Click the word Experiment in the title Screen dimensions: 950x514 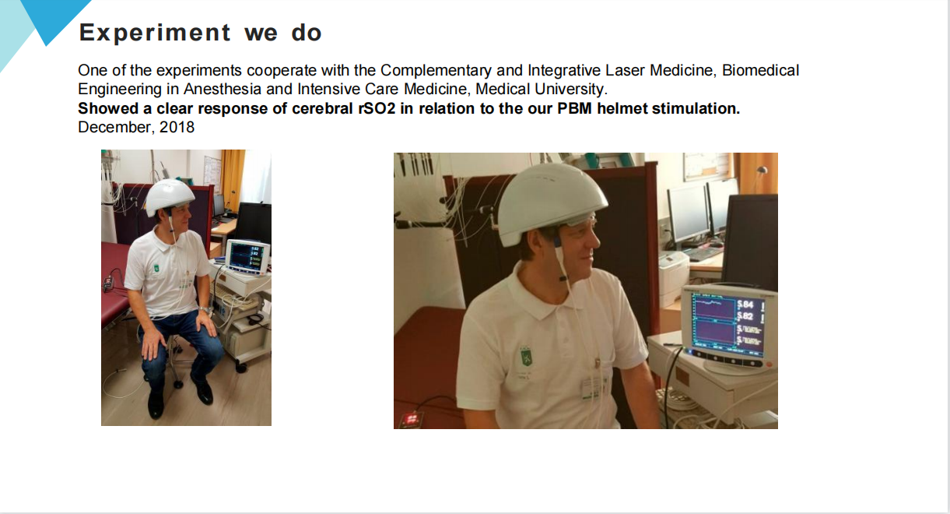[154, 33]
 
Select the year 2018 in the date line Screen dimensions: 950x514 [177, 128]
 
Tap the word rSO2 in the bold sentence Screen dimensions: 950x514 [377, 109]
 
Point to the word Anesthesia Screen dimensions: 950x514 [223, 89]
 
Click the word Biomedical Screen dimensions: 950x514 [760, 70]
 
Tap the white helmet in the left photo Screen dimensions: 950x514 [169, 197]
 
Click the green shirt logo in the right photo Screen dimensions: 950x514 [526, 357]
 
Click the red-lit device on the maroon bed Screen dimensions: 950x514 [412, 420]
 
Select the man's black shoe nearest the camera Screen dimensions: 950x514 [156, 404]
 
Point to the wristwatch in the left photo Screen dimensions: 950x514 [205, 310]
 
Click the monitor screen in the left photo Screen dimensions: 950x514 [247, 256]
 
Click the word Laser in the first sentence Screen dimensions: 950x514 [625, 70]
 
